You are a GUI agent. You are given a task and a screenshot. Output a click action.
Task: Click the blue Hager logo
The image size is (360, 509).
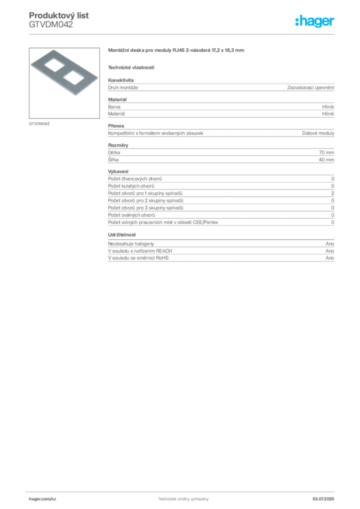[x=315, y=22]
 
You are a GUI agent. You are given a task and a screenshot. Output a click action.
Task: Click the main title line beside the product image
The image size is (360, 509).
[x=177, y=51]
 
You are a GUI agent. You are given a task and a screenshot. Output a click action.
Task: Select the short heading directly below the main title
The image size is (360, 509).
[x=131, y=67]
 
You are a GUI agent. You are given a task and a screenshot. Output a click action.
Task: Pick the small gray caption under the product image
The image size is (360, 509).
[x=39, y=123]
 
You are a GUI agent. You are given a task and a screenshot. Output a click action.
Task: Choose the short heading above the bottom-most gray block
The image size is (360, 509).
[x=123, y=234]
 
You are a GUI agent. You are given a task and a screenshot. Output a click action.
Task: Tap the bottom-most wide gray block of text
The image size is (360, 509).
[x=220, y=252]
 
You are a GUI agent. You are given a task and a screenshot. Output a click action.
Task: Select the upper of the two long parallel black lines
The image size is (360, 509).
[x=257, y=191]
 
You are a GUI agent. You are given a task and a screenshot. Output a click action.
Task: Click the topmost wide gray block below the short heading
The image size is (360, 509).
[x=220, y=88]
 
